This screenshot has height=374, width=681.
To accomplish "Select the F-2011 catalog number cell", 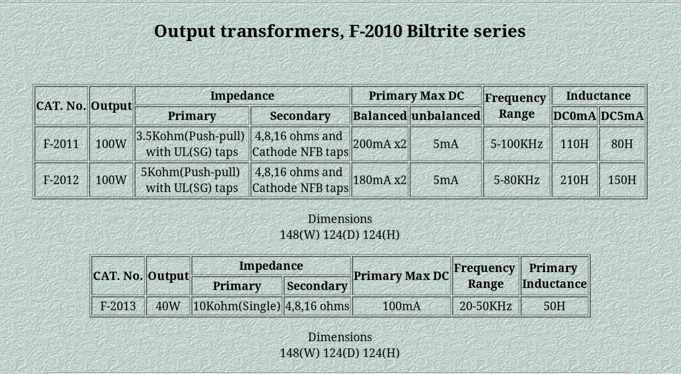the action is (x=61, y=144).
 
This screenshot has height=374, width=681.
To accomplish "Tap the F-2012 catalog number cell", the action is (x=61, y=180).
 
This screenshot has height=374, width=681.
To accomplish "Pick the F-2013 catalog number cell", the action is (x=118, y=306).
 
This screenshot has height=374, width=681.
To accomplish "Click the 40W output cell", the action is (x=168, y=306).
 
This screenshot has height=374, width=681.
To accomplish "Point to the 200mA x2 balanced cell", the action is (x=380, y=144).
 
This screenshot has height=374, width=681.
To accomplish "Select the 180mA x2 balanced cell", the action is (x=380, y=180).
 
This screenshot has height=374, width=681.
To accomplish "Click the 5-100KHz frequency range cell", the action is (x=517, y=144).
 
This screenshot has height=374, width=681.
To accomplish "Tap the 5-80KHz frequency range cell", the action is (x=517, y=180).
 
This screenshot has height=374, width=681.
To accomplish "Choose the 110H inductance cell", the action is (x=575, y=144).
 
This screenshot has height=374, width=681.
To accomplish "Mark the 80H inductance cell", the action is (x=622, y=144).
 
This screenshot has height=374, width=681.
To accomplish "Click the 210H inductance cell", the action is (x=575, y=180).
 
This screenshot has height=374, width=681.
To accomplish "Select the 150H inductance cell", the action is (x=622, y=180).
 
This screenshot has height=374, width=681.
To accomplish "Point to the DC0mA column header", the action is (x=575, y=116).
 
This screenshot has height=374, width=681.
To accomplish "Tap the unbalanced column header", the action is (x=446, y=116).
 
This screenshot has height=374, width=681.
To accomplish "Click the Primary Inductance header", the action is (x=555, y=276).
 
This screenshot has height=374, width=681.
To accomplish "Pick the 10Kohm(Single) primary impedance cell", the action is (x=237, y=306).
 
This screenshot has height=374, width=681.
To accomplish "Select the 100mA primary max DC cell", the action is (x=401, y=306).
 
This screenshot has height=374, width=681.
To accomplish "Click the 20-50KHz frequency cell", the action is (x=486, y=306).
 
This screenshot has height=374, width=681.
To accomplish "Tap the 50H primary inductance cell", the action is (x=555, y=306).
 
